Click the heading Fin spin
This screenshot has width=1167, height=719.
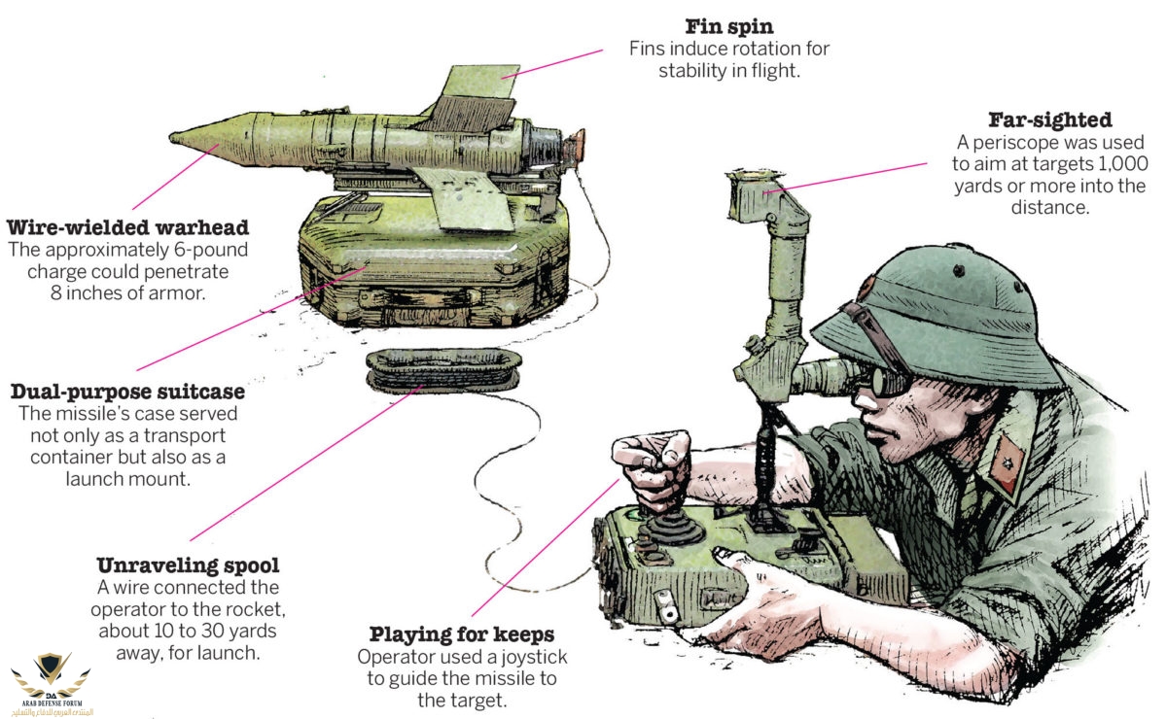tap(728, 26)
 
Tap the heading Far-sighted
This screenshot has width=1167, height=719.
tap(1049, 120)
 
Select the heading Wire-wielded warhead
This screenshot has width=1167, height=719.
tap(127, 227)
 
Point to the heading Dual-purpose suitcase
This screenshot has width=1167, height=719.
tap(127, 392)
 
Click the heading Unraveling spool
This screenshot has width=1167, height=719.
tap(188, 565)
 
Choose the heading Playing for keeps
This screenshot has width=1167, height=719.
tap(462, 634)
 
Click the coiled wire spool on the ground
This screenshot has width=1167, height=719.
tap(443, 371)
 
